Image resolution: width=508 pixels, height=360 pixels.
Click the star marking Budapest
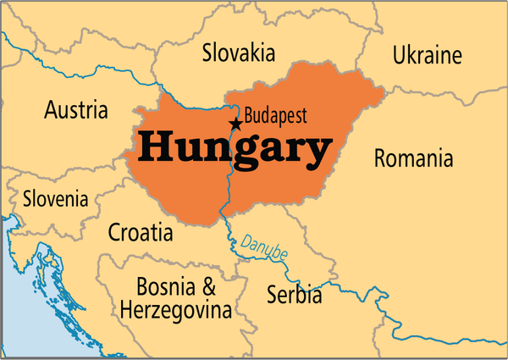tap(235, 125)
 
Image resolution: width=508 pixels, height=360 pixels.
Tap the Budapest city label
tap(275, 115)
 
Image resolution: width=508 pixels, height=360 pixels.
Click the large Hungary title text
tap(235, 149)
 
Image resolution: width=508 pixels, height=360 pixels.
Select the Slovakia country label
tap(238, 53)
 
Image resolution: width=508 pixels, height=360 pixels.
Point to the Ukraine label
tap(428, 56)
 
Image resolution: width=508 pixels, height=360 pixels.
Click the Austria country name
tap(76, 109)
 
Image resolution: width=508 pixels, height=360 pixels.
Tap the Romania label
tap(413, 158)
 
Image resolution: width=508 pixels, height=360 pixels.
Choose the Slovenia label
tap(55, 200)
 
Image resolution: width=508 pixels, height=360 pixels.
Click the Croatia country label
tap(141, 232)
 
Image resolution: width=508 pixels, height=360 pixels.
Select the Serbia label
tap(294, 296)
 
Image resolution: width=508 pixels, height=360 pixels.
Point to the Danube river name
tap(264, 245)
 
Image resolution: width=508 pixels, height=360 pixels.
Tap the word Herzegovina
tap(175, 311)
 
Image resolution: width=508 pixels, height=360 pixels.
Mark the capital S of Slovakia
tap(208, 53)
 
